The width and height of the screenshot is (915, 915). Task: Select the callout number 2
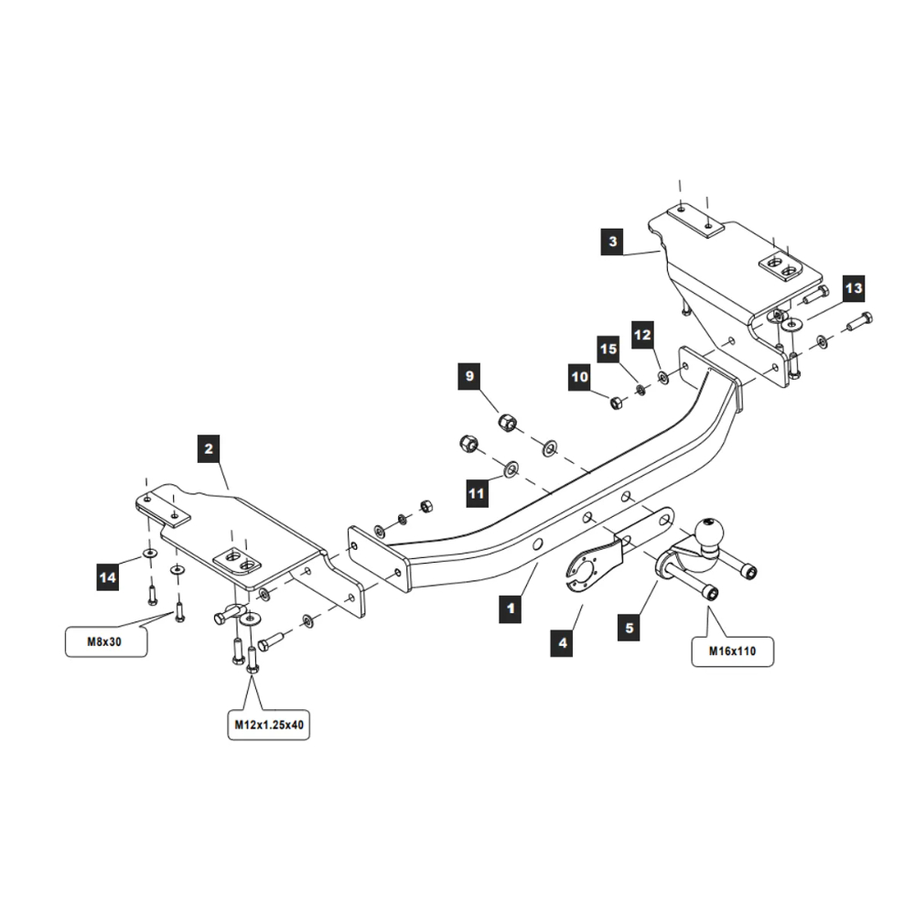tap(210, 448)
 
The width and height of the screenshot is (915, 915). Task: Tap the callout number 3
tap(613, 242)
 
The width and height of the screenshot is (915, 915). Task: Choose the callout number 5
tap(630, 629)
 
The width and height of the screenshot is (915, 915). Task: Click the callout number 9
tap(470, 376)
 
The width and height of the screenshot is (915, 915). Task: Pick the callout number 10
tap(580, 377)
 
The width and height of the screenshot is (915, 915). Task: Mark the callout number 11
tap(477, 494)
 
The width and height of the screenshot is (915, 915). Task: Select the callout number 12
tap(642, 336)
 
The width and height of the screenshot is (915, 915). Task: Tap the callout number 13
tap(853, 289)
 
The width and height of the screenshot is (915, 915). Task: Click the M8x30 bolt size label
tap(104, 641)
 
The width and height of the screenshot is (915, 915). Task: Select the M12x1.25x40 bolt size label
tap(266, 725)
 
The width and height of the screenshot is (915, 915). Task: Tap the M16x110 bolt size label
tap(732, 651)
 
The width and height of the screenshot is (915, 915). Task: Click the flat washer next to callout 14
tap(146, 555)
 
